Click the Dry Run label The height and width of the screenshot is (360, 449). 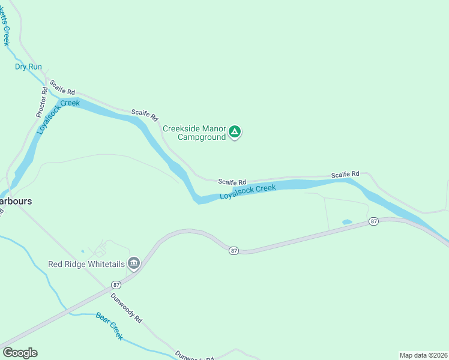click(28, 67)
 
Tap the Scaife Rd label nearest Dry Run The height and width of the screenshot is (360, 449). click(62, 88)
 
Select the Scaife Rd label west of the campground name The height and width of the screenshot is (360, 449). click(145, 113)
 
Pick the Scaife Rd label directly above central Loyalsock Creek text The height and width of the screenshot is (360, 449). click(232, 182)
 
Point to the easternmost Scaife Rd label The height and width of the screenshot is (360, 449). click(345, 174)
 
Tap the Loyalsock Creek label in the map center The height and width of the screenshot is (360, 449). click(247, 192)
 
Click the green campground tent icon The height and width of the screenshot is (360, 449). click(235, 132)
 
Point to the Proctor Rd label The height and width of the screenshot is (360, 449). click(41, 103)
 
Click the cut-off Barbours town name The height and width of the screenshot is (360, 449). click(16, 201)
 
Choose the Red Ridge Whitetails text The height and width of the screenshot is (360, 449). click(86, 264)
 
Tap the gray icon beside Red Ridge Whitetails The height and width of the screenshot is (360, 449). click(134, 263)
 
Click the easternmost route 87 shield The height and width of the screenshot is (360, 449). click(373, 221)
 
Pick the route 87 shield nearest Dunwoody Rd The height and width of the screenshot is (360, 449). click(116, 284)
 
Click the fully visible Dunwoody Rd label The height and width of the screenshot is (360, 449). click(126, 308)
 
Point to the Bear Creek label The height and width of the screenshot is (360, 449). click(109, 326)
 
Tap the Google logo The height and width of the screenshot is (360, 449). click(20, 353)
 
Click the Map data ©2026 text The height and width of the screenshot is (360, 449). click(423, 355)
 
